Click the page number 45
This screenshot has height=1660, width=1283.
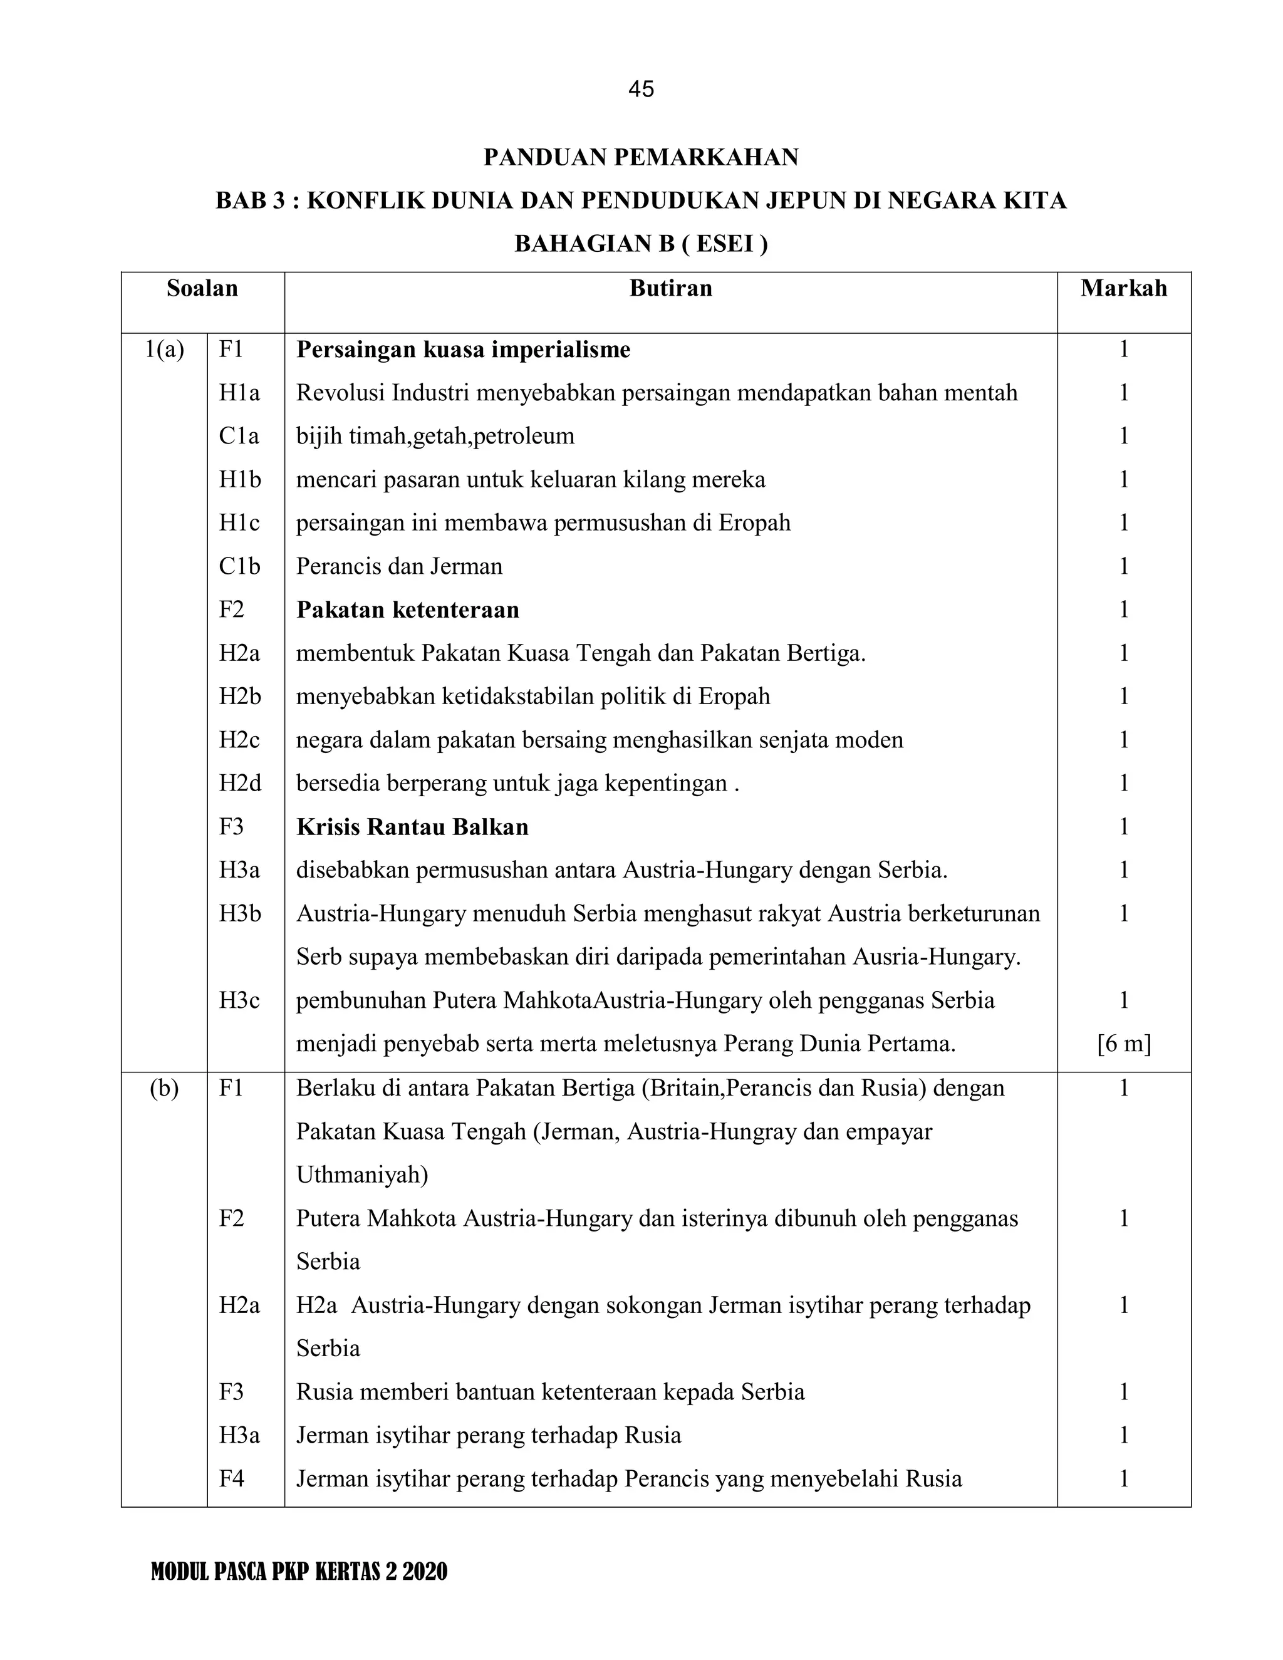pos(641,90)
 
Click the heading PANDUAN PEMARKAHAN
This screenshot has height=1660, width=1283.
pos(641,157)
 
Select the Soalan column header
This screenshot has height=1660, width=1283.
pos(202,288)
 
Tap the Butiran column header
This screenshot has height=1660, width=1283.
pos(670,288)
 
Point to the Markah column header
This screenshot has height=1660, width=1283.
pos(1123,288)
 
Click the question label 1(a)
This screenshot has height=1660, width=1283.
pos(165,350)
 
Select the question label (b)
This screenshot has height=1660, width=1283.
pos(164,1089)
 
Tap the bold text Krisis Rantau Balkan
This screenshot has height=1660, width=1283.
pos(412,826)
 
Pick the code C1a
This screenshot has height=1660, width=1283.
pos(239,436)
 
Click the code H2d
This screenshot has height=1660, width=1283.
pos(239,783)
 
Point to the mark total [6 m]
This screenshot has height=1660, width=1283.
pos(1123,1044)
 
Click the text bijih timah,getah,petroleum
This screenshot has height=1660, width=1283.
pos(435,436)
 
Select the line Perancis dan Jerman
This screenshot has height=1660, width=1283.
pos(399,566)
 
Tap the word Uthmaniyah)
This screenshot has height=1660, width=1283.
pos(362,1175)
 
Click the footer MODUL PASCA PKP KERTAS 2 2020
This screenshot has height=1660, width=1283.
pos(299,1571)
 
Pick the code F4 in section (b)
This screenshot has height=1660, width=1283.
pos(231,1478)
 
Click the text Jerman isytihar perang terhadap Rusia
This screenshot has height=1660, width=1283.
pos(488,1435)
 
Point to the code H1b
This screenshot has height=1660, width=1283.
pos(239,480)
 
